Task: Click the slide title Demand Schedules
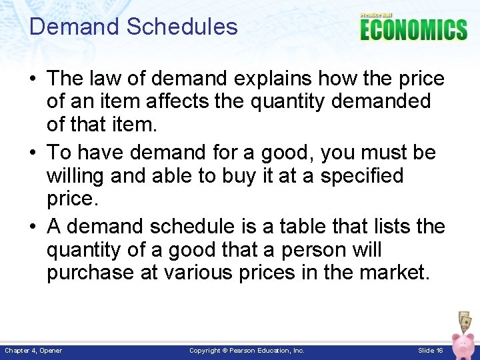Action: (x=133, y=27)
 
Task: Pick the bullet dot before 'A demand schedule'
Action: (x=35, y=227)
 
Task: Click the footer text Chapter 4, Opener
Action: (x=33, y=351)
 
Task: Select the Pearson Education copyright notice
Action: (x=247, y=351)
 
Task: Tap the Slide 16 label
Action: (x=431, y=351)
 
